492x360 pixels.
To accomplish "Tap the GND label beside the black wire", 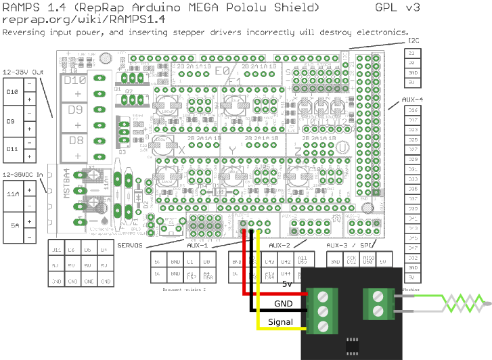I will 283,302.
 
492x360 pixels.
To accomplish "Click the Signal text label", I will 280,321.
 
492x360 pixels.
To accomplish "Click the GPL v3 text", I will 397,7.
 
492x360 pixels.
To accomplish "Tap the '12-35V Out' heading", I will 23,71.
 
